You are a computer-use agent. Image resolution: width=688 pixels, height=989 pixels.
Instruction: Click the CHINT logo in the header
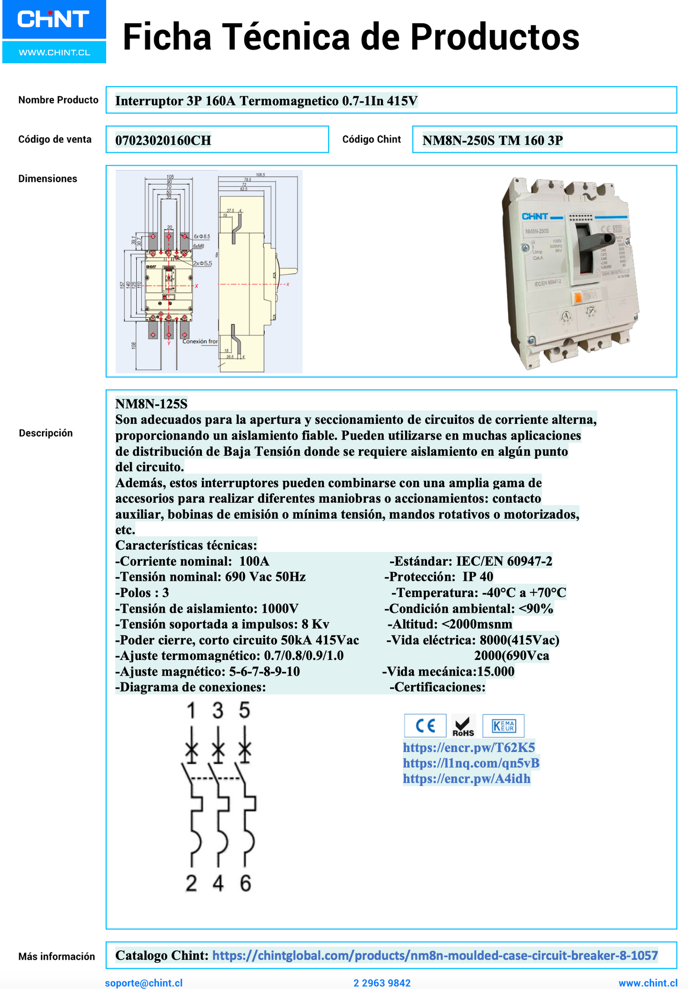coord(53,20)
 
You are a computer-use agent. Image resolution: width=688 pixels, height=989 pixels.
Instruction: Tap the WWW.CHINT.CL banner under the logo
coord(54,52)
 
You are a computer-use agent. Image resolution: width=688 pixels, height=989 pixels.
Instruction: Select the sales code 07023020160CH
coord(163,140)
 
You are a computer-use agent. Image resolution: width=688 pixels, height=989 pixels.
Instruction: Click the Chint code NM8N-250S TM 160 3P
coord(492,140)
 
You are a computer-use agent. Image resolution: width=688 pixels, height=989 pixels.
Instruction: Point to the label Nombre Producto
coord(58,100)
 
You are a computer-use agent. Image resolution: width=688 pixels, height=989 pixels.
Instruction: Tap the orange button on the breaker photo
coord(578,298)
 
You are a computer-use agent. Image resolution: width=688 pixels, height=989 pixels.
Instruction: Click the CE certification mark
coord(425,726)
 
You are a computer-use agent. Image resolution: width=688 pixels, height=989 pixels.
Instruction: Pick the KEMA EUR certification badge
coord(503,726)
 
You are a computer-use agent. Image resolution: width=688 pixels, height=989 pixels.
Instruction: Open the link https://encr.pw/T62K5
coord(469,748)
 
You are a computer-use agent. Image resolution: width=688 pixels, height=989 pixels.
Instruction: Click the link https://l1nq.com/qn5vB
coord(471,763)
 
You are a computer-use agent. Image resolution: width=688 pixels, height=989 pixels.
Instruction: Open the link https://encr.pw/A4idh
coord(466,779)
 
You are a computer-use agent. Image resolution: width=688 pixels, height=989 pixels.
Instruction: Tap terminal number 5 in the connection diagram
coord(244,710)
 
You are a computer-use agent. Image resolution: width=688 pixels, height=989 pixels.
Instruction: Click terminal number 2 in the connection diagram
coord(191,884)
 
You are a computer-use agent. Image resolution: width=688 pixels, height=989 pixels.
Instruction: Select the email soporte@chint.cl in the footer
coord(143,983)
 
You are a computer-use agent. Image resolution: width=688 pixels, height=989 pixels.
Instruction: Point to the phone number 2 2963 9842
coord(382,983)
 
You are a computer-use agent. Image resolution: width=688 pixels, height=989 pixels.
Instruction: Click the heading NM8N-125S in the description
coord(151,404)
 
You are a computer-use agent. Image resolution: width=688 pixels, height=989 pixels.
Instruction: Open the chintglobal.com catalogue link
coord(435,955)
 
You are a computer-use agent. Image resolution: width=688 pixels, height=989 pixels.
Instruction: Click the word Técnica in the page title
coord(286,37)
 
